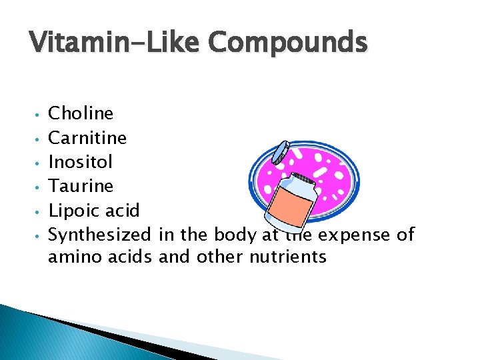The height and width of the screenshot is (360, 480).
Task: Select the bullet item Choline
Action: point(81,113)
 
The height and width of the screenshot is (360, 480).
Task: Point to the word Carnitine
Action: point(88,138)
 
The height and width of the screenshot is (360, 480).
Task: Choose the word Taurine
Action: point(81,186)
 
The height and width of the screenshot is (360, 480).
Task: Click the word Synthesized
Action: point(100,235)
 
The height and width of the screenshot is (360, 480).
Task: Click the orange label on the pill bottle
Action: point(291,215)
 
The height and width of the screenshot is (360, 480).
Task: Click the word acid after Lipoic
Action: point(122,211)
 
